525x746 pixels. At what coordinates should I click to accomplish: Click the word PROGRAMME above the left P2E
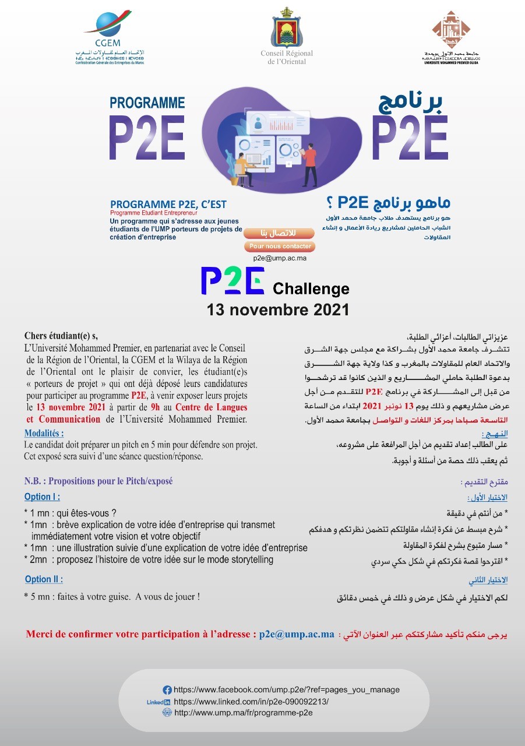point(147,103)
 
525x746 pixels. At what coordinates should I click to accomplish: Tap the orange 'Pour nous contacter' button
point(280,247)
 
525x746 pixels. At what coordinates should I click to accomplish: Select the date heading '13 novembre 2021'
point(278,309)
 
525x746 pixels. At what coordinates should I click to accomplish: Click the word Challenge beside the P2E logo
point(311,288)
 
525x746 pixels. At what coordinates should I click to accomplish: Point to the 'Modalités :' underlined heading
point(44,434)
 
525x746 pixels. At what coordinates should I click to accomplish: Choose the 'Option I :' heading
point(42,497)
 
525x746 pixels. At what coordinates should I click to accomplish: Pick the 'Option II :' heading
point(44,579)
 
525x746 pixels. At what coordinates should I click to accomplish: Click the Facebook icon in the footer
point(167,689)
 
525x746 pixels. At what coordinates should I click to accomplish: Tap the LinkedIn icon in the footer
point(158,702)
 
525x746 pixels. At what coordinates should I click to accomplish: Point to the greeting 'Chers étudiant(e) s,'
point(61,336)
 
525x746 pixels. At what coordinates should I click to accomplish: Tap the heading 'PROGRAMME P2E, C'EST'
point(168,205)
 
